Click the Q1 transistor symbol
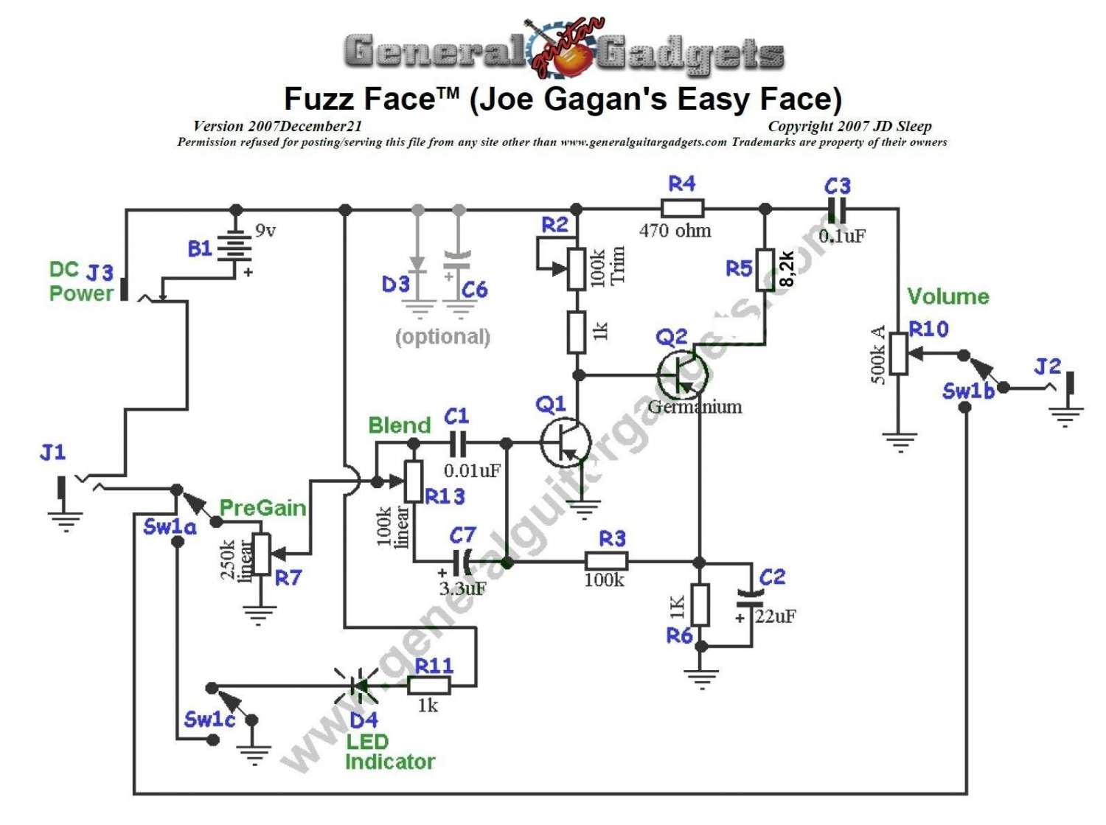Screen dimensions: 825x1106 [x=566, y=442]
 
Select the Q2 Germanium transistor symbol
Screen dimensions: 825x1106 [x=682, y=375]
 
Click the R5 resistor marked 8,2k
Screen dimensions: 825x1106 [x=765, y=270]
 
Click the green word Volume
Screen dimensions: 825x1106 [x=947, y=296]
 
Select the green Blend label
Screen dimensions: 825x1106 [x=399, y=425]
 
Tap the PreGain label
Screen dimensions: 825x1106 [x=262, y=508]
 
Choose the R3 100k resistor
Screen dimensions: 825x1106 [x=606, y=562]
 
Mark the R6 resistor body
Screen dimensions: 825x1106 [x=700, y=605]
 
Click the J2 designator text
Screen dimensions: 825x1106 [x=1047, y=366]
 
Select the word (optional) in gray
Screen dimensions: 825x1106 [x=442, y=337]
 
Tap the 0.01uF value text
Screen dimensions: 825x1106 [x=473, y=470]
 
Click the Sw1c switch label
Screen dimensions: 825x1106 [x=209, y=720]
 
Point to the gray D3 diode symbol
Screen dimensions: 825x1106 [x=418, y=265]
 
